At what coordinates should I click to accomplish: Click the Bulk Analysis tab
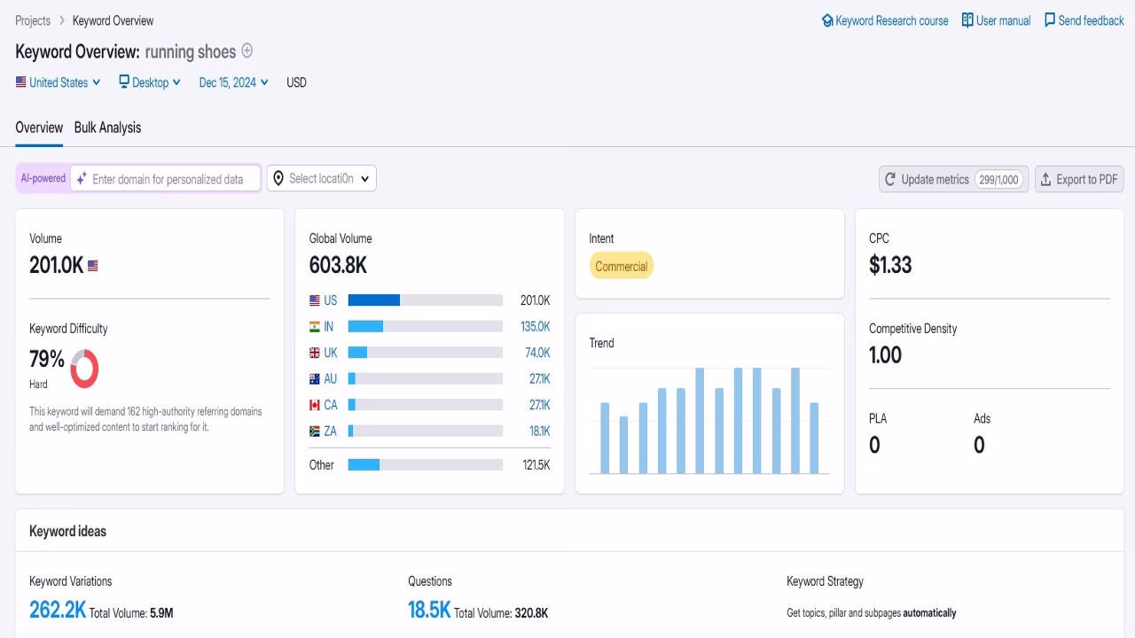[107, 128]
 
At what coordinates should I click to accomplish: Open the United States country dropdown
[58, 82]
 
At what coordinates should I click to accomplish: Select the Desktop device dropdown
[150, 82]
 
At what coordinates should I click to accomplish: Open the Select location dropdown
[321, 178]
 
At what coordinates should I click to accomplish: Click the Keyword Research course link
[885, 20]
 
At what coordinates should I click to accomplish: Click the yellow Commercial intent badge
[621, 266]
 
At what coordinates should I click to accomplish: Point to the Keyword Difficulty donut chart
[84, 369]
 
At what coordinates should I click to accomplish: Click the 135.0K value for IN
[535, 326]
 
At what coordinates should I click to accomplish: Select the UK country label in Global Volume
[330, 353]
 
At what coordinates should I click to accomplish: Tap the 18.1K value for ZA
[539, 432]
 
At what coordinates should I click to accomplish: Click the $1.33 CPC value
[890, 265]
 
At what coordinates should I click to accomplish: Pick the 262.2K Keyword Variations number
[58, 610]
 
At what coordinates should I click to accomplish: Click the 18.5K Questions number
[429, 610]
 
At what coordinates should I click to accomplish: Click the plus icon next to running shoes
[247, 51]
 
